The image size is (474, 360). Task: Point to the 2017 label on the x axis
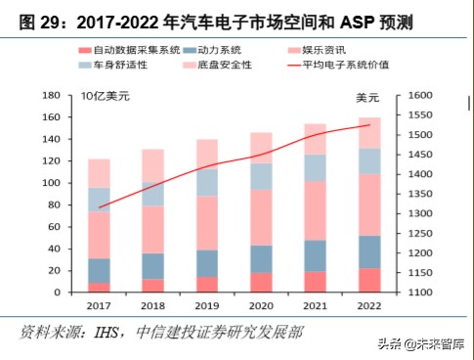click(98, 306)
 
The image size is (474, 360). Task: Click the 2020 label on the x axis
click(261, 306)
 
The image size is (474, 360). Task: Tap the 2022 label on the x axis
click(369, 306)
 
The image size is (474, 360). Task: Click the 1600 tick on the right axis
click(420, 96)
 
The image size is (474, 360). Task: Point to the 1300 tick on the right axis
click(420, 213)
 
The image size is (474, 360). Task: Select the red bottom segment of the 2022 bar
click(369, 281)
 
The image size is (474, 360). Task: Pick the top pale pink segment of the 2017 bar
click(98, 173)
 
